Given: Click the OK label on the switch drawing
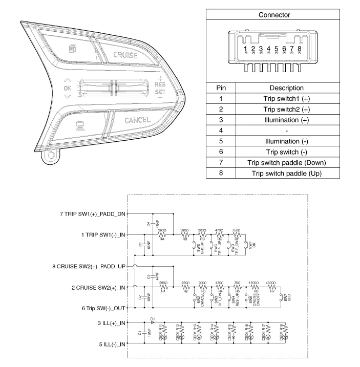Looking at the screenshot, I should pyautogui.click(x=68, y=88).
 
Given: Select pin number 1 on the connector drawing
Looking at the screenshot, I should pyautogui.click(x=246, y=49).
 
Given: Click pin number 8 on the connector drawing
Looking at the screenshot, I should pyautogui.click(x=299, y=49).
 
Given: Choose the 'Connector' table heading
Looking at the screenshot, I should pyautogui.click(x=274, y=15).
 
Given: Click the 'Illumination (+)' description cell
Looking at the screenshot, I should pyautogui.click(x=287, y=120).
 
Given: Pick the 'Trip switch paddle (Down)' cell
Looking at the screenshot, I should pyautogui.click(x=287, y=163).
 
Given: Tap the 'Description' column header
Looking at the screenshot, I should pyautogui.click(x=287, y=88).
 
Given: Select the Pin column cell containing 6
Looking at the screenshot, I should pyautogui.click(x=220, y=152).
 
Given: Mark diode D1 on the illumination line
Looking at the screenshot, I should pyautogui.click(x=153, y=323).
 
